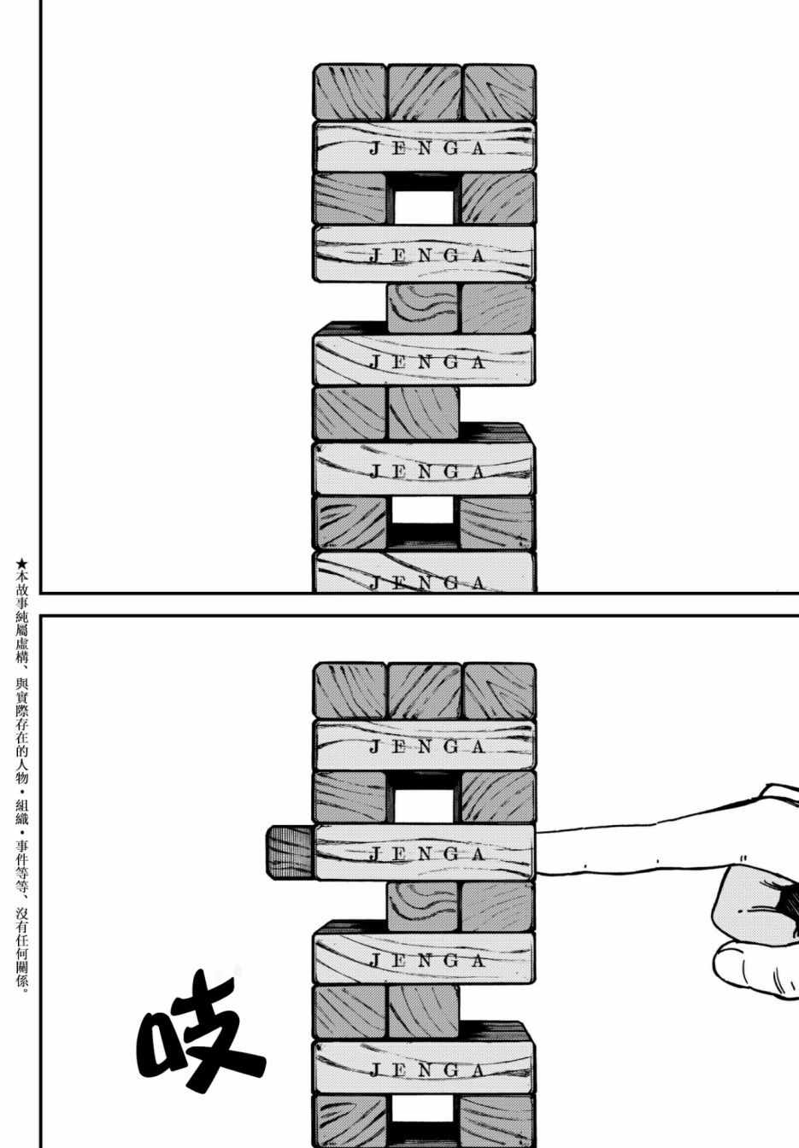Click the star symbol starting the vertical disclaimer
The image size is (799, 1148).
coord(21,563)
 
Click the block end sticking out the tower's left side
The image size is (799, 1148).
coord(289,852)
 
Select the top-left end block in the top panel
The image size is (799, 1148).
coord(350,92)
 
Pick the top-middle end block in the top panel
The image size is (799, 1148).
coord(424,92)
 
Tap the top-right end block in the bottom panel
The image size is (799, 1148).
coord(499,690)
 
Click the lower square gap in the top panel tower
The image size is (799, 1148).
coord(424,511)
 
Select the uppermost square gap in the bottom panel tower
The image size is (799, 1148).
coord(424,806)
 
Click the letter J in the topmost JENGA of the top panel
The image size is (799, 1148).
coord(375,149)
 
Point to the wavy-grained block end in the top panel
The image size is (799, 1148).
coord(423,308)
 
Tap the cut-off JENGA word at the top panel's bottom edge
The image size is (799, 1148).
coord(426,583)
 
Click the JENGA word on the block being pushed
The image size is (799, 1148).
coord(426,853)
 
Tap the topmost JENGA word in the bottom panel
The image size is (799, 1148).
coord(426,747)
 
